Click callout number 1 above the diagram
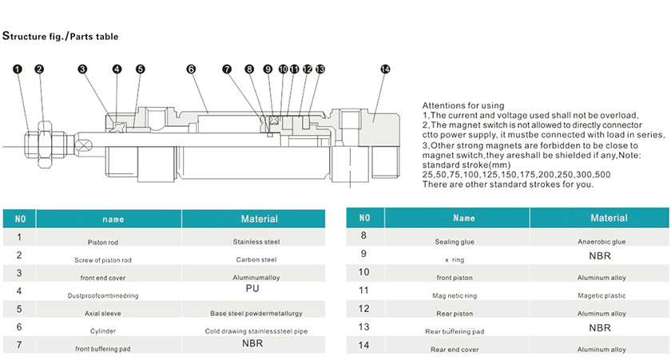point(17,69)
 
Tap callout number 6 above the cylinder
point(191,69)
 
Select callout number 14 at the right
point(385,69)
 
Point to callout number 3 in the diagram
point(82,69)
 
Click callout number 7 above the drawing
point(227,69)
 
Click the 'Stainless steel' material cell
point(256,242)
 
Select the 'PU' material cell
point(252,289)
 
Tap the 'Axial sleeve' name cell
point(103,314)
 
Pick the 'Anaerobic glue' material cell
point(602,242)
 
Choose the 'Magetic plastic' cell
point(602,295)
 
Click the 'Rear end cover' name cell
point(455,350)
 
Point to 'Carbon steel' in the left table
point(256,259)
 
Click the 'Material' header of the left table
point(260,219)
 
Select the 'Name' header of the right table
point(464,218)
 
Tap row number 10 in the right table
point(363,272)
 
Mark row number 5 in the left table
point(19,309)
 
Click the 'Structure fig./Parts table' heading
point(61,36)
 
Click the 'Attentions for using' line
point(463,105)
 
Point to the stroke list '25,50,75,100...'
point(517,175)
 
